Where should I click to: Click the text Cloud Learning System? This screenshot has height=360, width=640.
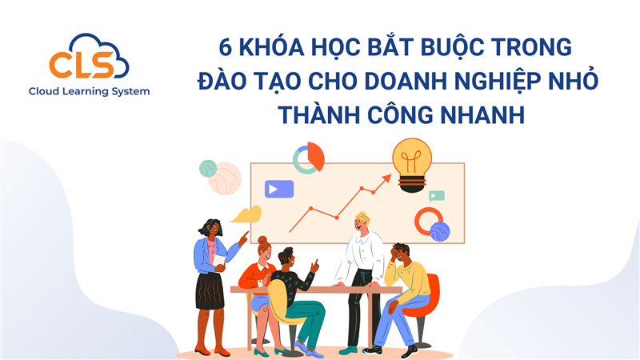click(89, 91)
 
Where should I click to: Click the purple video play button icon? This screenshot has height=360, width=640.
click(279, 190)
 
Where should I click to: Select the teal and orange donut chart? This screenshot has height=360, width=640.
click(308, 158)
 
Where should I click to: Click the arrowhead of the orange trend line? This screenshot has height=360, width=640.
click(387, 179)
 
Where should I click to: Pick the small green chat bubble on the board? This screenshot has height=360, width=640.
click(437, 195)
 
